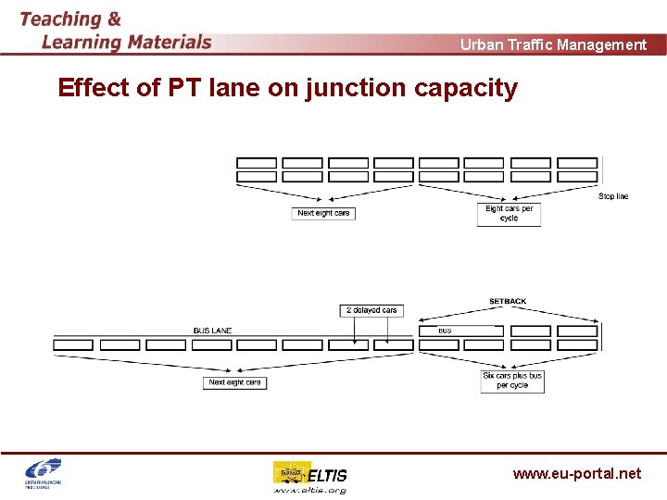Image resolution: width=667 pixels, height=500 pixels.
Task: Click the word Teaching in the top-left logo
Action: (60, 19)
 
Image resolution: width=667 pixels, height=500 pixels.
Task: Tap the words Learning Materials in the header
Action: (127, 42)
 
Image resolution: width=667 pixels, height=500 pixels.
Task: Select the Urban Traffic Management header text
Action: (553, 44)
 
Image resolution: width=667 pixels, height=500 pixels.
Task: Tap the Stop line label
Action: (612, 196)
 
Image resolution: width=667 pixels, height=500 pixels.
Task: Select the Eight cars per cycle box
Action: (509, 214)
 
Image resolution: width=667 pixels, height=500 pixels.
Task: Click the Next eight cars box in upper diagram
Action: (323, 213)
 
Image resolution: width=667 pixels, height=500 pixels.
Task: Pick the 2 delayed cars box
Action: (371, 310)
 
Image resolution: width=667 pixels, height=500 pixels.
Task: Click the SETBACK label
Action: (508, 302)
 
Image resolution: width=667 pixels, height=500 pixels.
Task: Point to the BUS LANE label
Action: (212, 331)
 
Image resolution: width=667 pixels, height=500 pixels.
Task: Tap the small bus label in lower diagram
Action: (446, 331)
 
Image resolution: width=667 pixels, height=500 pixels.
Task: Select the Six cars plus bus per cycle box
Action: (512, 381)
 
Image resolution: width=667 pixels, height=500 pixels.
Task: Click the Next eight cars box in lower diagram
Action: (234, 382)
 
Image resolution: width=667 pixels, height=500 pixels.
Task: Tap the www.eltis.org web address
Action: (309, 490)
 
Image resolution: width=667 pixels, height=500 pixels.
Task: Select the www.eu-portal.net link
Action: (576, 473)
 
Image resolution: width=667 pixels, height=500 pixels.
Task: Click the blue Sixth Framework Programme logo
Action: (42, 471)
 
